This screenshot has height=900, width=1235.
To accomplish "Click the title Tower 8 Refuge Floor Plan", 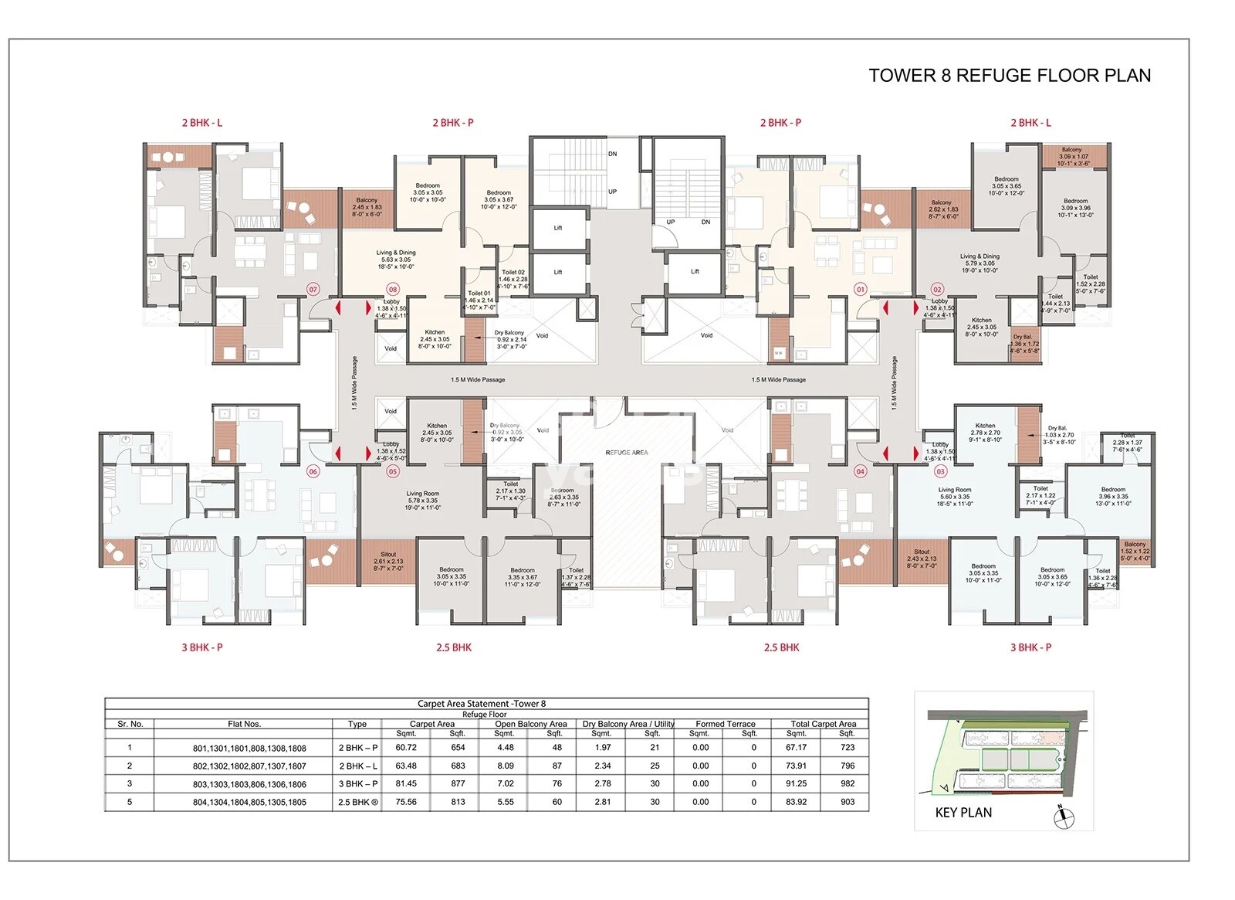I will pos(1009,76).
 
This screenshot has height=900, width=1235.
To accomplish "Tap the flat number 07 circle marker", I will pos(313,290).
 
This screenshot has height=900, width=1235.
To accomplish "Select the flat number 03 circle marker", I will pos(940,471).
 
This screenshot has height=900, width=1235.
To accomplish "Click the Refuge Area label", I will pos(627,453).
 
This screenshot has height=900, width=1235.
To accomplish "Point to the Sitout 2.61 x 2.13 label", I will pos(388,561).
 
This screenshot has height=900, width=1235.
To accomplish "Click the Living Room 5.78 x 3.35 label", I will pos(422,500).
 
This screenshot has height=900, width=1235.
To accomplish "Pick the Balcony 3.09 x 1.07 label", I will pos(1072,157).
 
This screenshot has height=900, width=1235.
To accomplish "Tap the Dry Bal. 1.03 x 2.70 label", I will pos(1058,435).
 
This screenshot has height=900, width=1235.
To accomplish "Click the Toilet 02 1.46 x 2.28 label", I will pos(513,279).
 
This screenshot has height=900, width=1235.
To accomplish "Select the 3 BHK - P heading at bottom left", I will pos(202,647).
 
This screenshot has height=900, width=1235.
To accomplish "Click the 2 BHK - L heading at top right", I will pos(1030,123).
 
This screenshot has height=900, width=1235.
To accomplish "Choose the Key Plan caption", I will pos(963,813).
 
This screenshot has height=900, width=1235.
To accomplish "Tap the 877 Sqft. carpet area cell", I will pos(458,783).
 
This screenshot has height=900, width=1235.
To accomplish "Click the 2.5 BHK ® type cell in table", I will pos(358,802).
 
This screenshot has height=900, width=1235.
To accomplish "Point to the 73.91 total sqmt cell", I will pos(796,766).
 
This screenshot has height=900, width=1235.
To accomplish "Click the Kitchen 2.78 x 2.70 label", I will pos(986,433).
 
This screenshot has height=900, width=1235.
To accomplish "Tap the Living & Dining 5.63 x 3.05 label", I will pos(396,260).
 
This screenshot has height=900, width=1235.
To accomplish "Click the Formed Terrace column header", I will pos(725,724).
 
